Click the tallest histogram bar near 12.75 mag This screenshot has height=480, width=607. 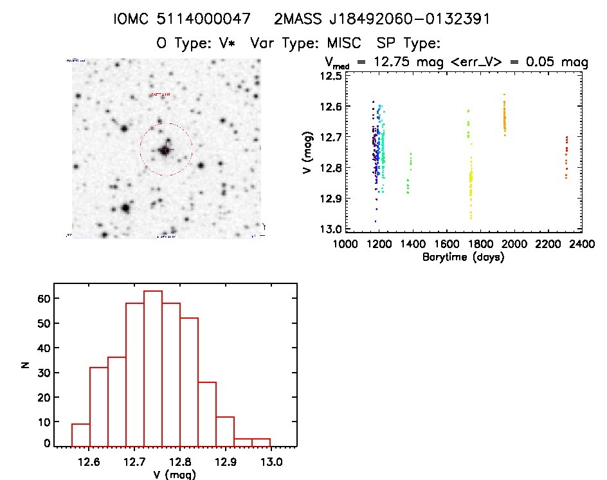click(x=152, y=368)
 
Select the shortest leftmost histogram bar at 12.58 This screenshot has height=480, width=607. click(x=80, y=434)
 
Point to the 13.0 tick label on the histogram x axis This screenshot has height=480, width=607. click(x=270, y=461)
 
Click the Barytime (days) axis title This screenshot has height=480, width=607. click(x=463, y=257)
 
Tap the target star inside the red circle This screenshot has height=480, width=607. click(x=165, y=150)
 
